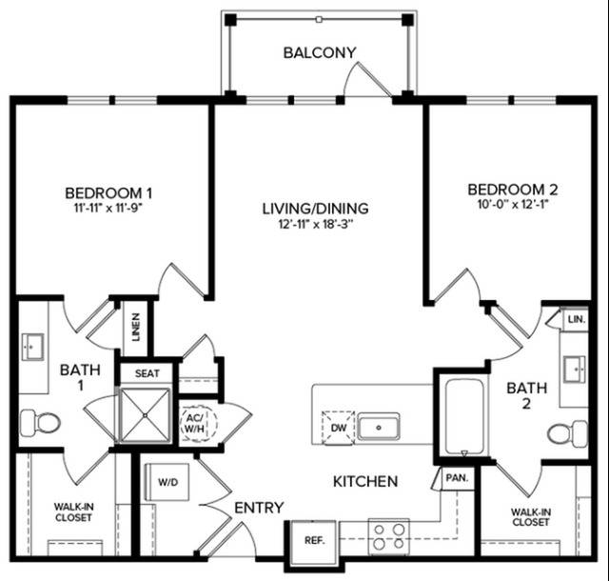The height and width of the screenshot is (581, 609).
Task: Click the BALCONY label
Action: [320, 52]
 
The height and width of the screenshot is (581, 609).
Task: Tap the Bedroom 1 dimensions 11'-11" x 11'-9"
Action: [108, 208]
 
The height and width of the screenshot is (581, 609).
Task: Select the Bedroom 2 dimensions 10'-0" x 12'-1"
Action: [513, 204]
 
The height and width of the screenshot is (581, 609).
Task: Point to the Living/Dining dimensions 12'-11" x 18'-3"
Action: [315, 225]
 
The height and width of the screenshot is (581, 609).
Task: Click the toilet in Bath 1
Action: [40, 422]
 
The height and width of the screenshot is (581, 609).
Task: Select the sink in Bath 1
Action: [32, 347]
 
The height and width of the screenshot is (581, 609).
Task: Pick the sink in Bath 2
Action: [575, 369]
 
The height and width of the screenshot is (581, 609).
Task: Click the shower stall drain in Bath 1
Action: [145, 415]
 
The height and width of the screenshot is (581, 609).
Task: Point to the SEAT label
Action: [147, 373]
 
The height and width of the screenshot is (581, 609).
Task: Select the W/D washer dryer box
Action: [167, 482]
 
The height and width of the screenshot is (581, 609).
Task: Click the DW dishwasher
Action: [339, 428]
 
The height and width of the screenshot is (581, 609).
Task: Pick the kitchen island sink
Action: [379, 427]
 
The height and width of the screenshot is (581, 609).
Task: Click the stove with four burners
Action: [389, 536]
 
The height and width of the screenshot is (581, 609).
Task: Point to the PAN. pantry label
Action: [457, 477]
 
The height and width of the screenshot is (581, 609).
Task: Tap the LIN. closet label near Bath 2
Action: [577, 319]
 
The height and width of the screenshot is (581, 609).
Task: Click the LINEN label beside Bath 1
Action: [135, 327]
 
